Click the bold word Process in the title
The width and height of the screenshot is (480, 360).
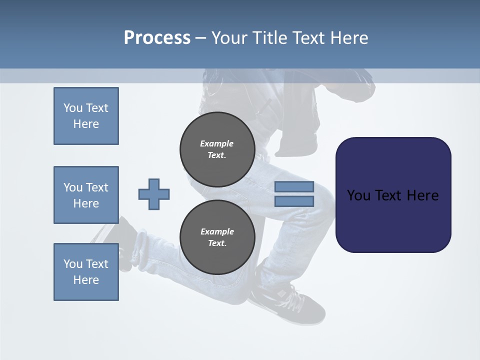tap(157, 38)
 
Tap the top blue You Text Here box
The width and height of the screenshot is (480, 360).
tap(86, 116)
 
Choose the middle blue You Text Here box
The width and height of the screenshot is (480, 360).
tap(86, 195)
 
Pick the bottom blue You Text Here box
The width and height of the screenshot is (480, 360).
tap(86, 272)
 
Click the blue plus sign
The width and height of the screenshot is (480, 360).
tap(154, 194)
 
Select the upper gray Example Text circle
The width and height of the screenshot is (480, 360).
tap(217, 149)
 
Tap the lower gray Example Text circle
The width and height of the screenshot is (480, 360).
tap(217, 237)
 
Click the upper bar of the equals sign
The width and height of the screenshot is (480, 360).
tap(294, 186)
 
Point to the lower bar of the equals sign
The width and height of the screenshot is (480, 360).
tap(294, 201)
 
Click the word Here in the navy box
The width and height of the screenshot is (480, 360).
tap(422, 195)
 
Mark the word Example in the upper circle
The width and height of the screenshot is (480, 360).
tap(217, 143)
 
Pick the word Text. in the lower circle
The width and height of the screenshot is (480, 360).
tap(217, 243)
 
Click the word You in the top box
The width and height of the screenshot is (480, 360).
tap(73, 108)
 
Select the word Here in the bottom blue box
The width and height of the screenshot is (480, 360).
tap(86, 280)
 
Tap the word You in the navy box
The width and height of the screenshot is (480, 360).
tap(358, 195)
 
